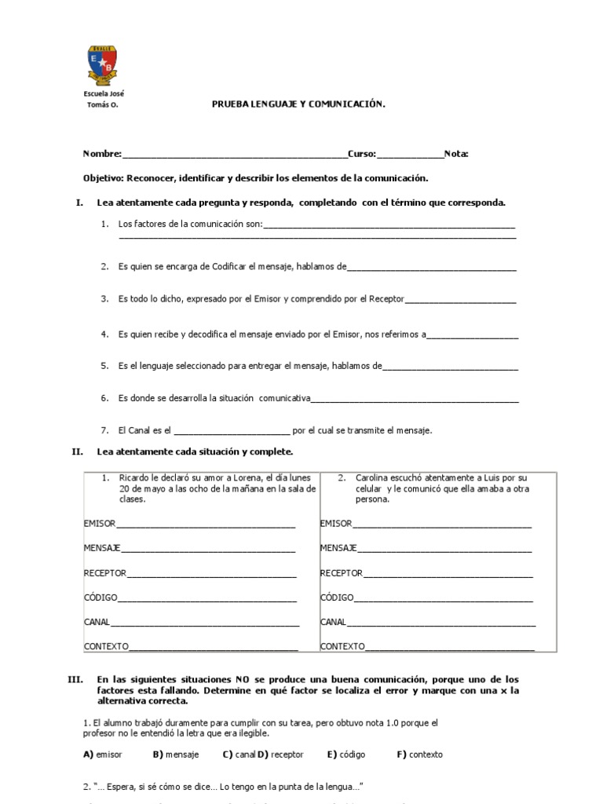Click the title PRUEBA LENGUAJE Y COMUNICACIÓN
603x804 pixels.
[298, 103]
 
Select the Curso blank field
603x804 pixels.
[410, 155]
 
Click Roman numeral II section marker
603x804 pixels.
[77, 451]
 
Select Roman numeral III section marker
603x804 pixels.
[76, 678]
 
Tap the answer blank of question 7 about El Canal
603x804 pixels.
[231, 430]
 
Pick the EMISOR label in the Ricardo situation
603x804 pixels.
[99, 523]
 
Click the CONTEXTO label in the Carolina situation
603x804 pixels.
[342, 646]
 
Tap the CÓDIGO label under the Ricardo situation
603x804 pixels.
[100, 598]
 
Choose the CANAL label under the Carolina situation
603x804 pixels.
[333, 622]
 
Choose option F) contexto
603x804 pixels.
[419, 755]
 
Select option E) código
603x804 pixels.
[346, 755]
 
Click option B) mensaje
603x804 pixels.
[176, 755]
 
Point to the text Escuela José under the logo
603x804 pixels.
[104, 93]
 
